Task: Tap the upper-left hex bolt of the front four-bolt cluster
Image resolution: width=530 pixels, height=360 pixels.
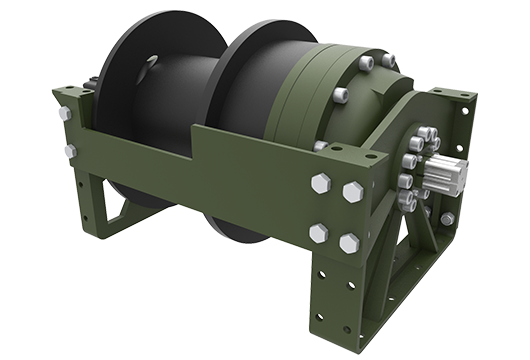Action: coord(322,183)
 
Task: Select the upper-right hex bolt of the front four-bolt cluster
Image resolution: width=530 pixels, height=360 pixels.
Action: coord(353,191)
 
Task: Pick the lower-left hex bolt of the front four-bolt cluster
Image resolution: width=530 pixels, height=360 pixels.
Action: coord(318,233)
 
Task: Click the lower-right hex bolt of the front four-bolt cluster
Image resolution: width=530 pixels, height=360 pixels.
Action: coord(349,243)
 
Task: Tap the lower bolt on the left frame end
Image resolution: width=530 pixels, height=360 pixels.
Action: coord(70,151)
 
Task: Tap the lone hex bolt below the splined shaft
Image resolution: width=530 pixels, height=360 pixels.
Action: coord(447,218)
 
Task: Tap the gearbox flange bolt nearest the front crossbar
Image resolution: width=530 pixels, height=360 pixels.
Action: coord(320,146)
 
